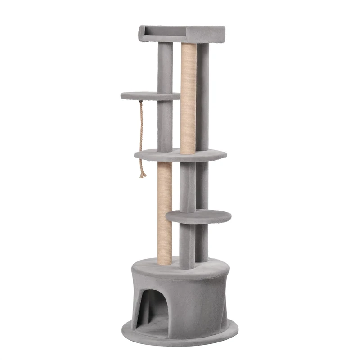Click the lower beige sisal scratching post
164,211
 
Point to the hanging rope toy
142,135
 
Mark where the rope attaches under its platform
141,101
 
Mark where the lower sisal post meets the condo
164,263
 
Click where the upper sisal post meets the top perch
189,44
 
